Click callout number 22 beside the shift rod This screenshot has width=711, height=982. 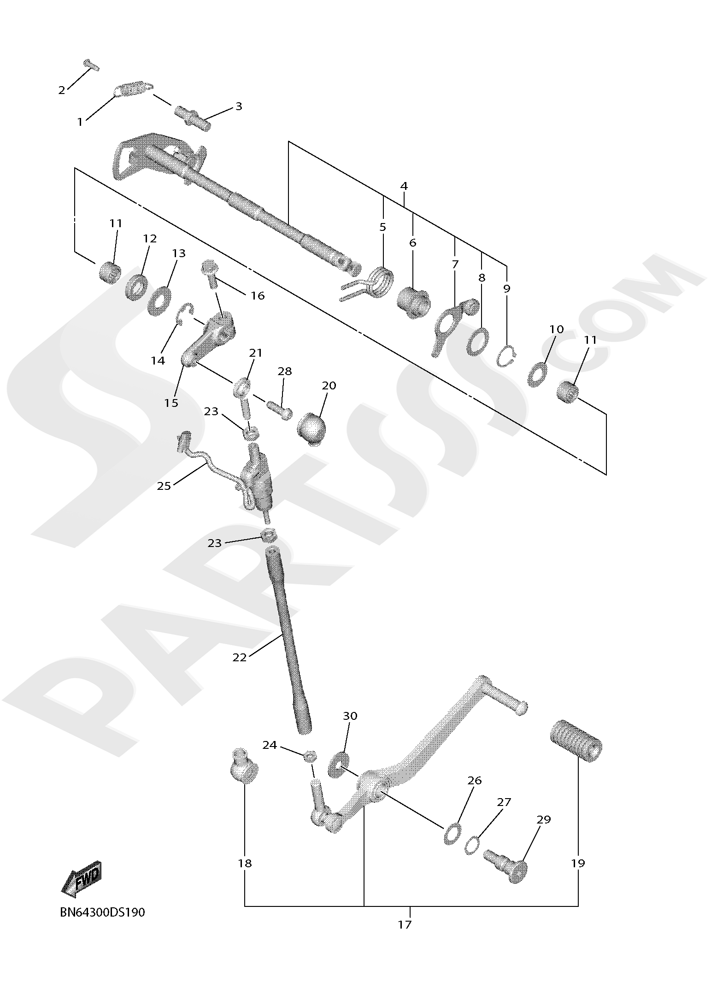240,657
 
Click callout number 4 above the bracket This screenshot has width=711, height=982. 404,186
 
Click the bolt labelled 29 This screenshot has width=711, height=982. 507,866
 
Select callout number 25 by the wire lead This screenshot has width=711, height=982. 164,485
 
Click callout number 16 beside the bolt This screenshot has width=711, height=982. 258,295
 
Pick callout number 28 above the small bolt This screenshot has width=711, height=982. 285,371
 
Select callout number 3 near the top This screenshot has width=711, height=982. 239,106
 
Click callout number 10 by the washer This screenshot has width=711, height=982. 557,329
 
